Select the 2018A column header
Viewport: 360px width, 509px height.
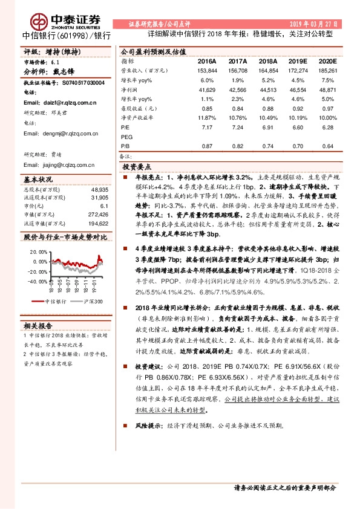pos(267,62)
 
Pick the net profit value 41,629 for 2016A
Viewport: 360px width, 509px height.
pos(206,89)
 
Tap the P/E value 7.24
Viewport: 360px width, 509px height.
pos(237,128)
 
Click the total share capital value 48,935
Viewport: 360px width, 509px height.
pos(99,189)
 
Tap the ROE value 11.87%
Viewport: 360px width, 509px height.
pos(206,118)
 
